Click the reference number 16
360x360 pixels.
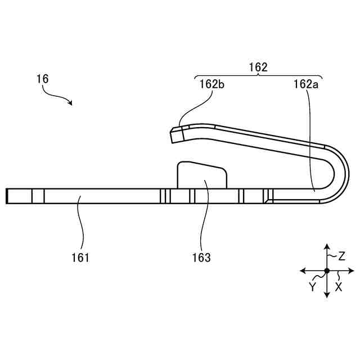[x=42, y=79]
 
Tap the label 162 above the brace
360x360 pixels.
[x=258, y=67]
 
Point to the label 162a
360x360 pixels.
[x=305, y=84]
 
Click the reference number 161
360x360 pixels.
[x=80, y=258]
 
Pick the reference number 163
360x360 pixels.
[x=201, y=258]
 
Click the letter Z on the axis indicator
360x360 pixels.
[x=341, y=256]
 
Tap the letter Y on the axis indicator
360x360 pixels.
[x=313, y=286]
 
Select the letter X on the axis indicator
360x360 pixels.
[x=339, y=286]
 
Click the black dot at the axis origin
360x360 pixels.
[x=327, y=271]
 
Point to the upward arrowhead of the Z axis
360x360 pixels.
[x=327, y=246]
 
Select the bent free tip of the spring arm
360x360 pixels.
[x=175, y=134]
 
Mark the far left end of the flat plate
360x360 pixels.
[x=7, y=196]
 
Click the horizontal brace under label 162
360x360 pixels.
[x=258, y=76]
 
